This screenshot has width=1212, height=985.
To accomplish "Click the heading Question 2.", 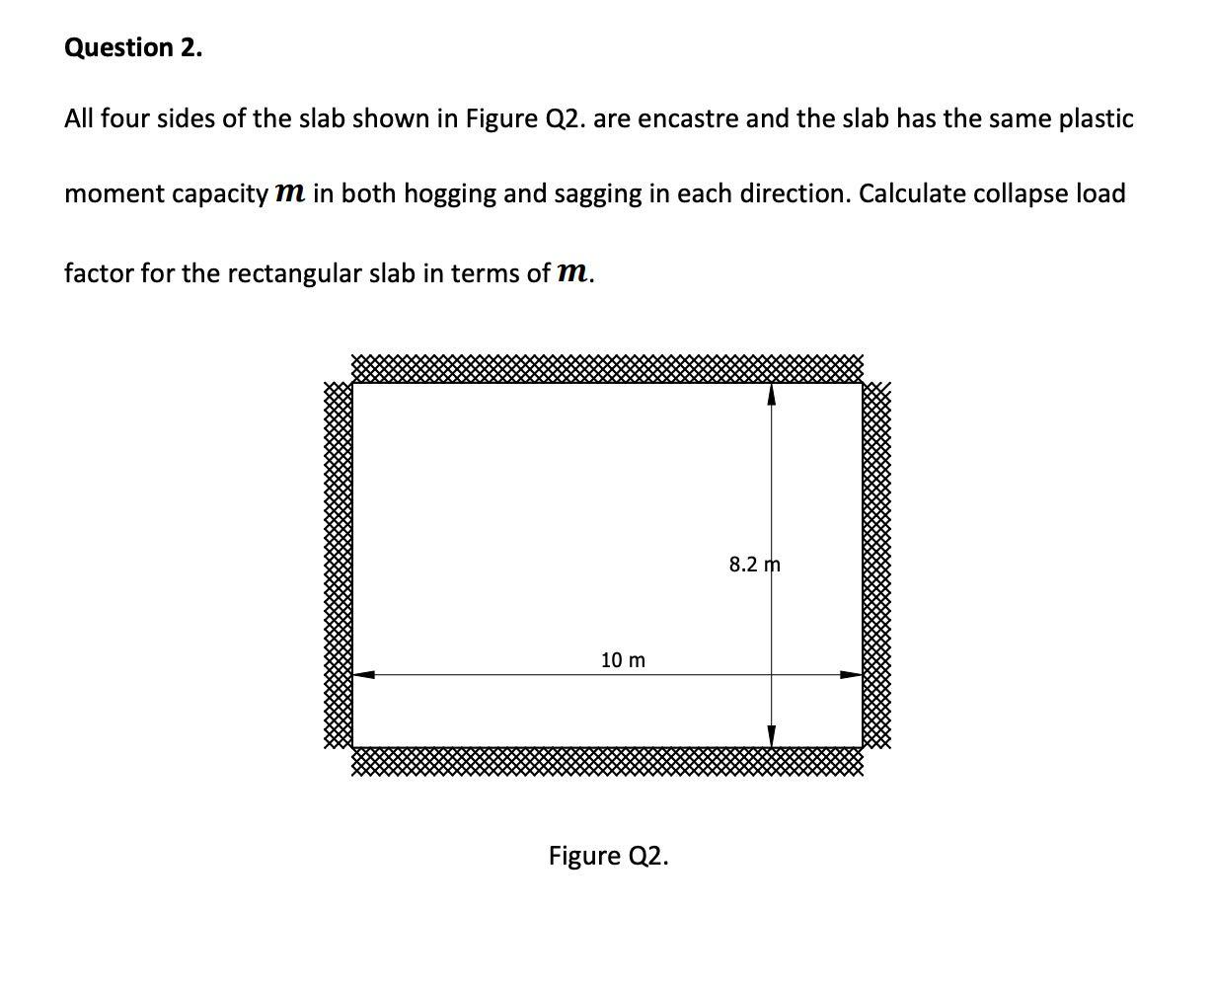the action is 133,48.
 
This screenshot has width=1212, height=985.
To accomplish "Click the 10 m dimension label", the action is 623,659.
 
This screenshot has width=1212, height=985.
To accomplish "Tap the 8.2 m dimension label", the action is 754,565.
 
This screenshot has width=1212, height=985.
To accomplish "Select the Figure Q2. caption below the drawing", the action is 608,855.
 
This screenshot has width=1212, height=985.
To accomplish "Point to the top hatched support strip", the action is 606,369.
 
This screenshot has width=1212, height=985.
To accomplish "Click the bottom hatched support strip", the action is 606,761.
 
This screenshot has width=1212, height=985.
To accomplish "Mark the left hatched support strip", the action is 338,565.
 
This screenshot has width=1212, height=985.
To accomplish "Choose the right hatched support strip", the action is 877,565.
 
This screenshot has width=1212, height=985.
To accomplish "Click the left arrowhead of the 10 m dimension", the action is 364,675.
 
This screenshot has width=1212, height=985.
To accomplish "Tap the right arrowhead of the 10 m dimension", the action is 851,675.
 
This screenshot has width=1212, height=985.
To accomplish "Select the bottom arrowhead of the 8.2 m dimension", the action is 772,735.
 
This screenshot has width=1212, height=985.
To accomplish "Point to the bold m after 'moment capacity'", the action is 289,193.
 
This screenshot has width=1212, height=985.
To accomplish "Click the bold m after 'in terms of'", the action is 571,273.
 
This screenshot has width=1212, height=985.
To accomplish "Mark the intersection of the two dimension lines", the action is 772,675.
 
